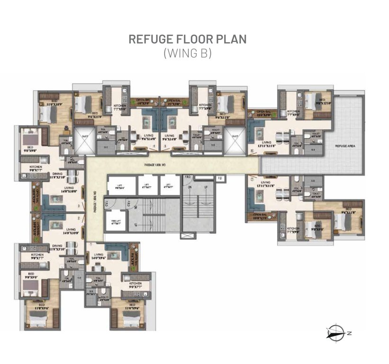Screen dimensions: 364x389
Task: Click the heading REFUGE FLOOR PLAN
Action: [x=187, y=39]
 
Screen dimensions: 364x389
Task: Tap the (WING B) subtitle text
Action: [x=187, y=53]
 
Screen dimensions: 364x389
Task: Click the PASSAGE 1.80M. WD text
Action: [x=162, y=165]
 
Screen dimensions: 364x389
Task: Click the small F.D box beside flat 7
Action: [x=220, y=178]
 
